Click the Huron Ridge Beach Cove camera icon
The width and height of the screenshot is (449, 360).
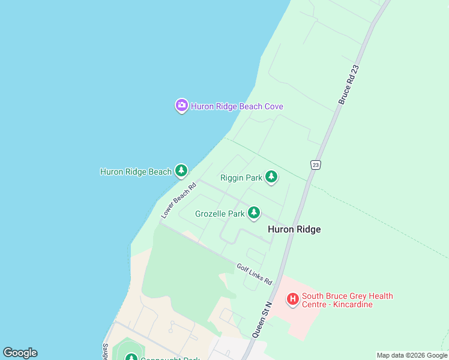point(181,106)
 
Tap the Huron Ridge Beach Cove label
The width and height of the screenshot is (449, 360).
point(237,107)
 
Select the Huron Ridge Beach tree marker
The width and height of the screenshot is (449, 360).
point(181,171)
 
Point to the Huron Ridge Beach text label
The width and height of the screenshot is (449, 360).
point(136,172)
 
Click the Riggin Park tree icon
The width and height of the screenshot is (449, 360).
point(272,176)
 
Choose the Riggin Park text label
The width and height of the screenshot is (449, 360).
point(241,178)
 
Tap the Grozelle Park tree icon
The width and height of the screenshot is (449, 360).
point(254,212)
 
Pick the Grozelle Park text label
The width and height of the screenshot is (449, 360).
point(220,214)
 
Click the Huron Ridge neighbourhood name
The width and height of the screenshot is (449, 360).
point(294,229)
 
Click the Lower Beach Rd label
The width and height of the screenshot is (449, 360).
point(179,200)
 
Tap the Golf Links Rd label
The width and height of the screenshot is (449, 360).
point(254,274)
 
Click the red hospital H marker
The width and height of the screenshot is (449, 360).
point(292,298)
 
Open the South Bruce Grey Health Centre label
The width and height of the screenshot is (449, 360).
point(347,296)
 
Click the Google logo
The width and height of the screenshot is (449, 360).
point(20,353)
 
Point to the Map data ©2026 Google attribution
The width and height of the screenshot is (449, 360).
point(412,355)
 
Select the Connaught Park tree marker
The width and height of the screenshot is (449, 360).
point(131,358)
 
